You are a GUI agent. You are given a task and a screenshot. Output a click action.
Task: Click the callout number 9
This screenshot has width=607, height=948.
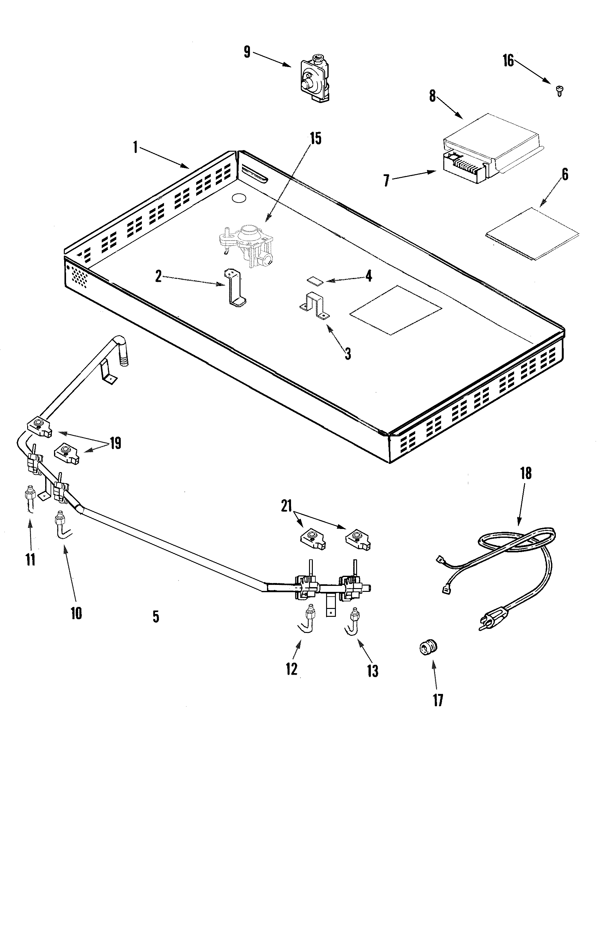tap(247, 52)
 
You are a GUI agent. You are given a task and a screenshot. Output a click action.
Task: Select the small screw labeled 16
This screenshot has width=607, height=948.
tap(559, 90)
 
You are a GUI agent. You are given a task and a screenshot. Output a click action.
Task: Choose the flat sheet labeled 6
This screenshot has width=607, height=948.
tap(532, 233)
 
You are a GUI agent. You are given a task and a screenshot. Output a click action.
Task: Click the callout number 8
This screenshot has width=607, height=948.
tap(432, 96)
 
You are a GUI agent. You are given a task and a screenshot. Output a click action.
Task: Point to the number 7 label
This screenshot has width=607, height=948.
tap(386, 181)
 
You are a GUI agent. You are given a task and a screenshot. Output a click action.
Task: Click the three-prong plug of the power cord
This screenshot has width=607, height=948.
tap(491, 621)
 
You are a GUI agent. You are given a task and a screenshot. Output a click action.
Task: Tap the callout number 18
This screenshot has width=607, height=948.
tap(526, 473)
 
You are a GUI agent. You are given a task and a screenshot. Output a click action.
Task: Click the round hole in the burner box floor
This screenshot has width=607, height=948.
tap(239, 198)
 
